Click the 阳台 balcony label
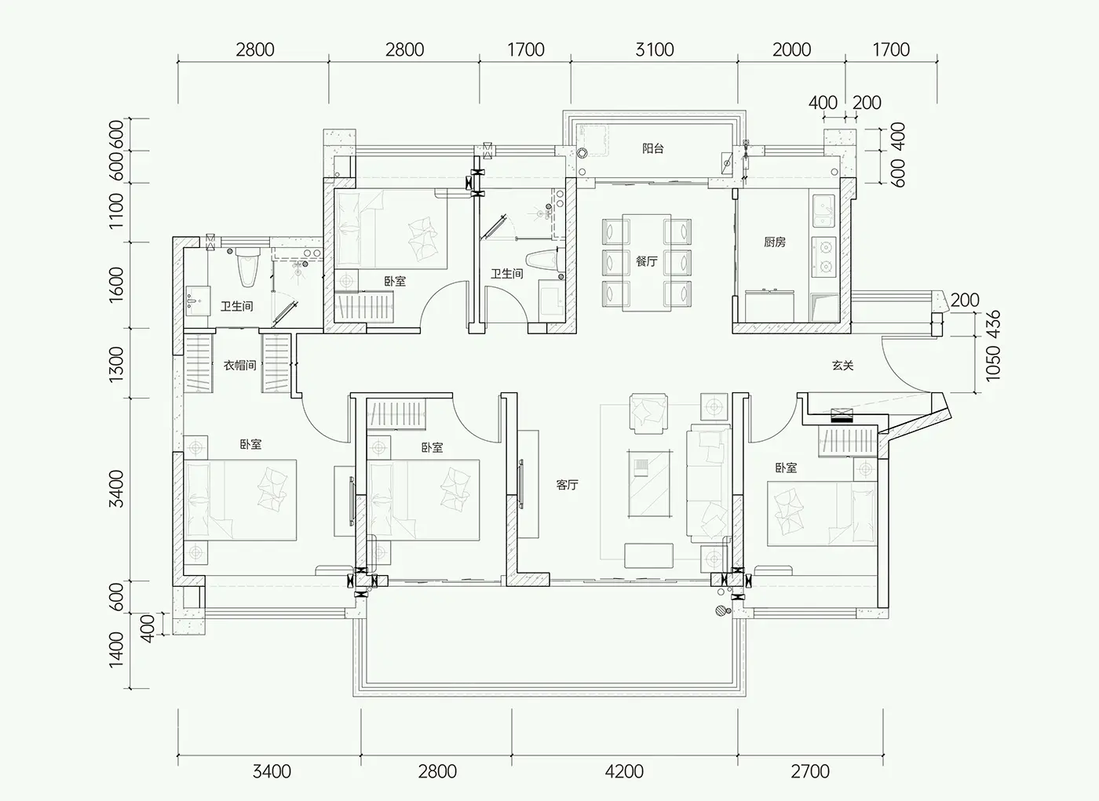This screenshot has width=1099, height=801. coord(652,148)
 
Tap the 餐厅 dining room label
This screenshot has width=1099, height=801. coord(646,261)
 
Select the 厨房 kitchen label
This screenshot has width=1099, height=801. coord(775,242)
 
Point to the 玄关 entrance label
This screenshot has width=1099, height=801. coord(843,366)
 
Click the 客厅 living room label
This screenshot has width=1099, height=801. coord(567,485)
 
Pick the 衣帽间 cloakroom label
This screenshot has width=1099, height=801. coord(240,366)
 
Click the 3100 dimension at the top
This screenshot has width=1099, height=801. coord(655,49)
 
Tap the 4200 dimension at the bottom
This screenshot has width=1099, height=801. coord(624,772)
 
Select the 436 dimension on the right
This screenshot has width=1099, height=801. coord(992,325)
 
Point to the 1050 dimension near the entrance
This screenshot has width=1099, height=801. coord(992,363)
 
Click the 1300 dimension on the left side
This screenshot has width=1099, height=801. coord(116,365)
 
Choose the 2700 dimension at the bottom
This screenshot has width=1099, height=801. coord(810,772)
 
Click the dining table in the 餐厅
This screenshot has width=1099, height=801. coord(647,262)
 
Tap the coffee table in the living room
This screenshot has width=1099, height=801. coord(650,483)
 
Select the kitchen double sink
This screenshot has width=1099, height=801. coord(823,211)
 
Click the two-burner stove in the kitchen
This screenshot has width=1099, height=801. coord(823,257)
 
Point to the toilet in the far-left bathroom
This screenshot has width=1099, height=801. coord(248,268)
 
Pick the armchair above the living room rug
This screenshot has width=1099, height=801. coord(648,413)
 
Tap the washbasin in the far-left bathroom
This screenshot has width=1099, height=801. coord(198,300)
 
